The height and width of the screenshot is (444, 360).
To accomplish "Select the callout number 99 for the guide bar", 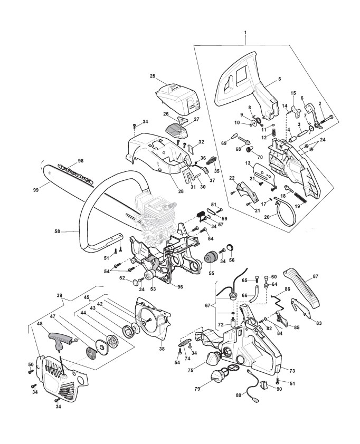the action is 36,190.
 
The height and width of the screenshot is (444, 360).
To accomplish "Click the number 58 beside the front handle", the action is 57,231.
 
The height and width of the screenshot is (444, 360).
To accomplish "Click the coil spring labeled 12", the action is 274,132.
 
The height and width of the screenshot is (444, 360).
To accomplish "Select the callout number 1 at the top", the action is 245,33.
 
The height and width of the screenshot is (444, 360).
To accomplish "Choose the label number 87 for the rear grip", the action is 316,276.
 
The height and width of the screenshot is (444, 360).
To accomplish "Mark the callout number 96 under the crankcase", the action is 179,287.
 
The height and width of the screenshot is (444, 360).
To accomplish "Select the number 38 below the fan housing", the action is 162,349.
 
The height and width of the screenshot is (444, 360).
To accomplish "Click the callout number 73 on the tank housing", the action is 292,371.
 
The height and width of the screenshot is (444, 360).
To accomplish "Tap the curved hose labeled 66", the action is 254,293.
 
